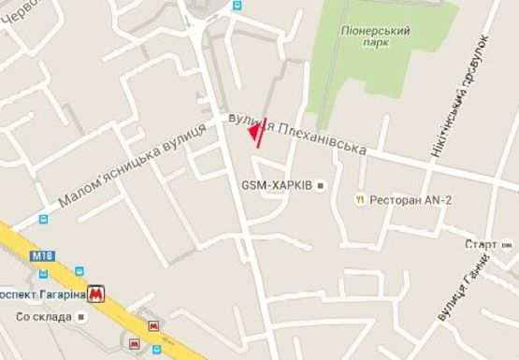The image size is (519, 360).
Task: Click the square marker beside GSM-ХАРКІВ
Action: point(321,186)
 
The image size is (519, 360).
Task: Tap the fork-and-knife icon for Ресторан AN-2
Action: point(359,200)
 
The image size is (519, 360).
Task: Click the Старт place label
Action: point(481,244)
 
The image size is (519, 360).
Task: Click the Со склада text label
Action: point(42,317)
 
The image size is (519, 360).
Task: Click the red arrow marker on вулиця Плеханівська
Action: point(257,133)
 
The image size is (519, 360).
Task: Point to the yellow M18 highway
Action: point(112,309)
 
